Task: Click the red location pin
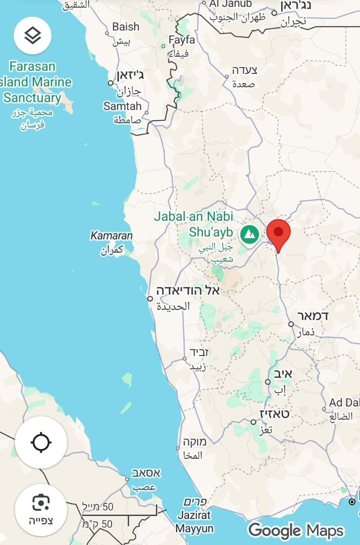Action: pyautogui.click(x=278, y=233)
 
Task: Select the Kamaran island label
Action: pyautogui.click(x=111, y=236)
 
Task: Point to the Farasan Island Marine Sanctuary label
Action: pyautogui.click(x=34, y=82)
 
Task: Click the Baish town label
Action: pyautogui.click(x=126, y=27)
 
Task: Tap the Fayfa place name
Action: pyautogui.click(x=182, y=40)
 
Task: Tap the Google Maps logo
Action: pyautogui.click(x=296, y=530)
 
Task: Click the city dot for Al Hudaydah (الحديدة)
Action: pyautogui.click(x=150, y=298)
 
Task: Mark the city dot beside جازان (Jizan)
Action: pyautogui.click(x=110, y=83)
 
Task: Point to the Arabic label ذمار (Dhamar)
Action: pyautogui.click(x=305, y=332)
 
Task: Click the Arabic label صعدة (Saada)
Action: pyautogui.click(x=244, y=84)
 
